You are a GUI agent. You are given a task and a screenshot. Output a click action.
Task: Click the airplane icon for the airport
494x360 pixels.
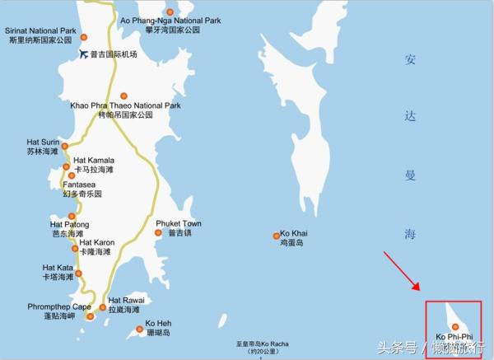[82, 54]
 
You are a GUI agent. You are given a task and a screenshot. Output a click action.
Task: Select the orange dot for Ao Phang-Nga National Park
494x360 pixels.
[170, 12]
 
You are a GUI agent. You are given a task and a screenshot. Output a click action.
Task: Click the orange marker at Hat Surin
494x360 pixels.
[65, 146]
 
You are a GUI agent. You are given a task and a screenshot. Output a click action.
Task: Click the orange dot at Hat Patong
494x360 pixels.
[72, 217]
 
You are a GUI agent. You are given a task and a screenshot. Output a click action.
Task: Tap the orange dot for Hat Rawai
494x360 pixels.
[103, 308]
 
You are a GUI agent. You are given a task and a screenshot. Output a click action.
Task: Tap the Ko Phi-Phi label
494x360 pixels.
[454, 337]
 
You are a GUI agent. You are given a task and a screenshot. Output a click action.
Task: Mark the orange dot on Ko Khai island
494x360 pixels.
[277, 236]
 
